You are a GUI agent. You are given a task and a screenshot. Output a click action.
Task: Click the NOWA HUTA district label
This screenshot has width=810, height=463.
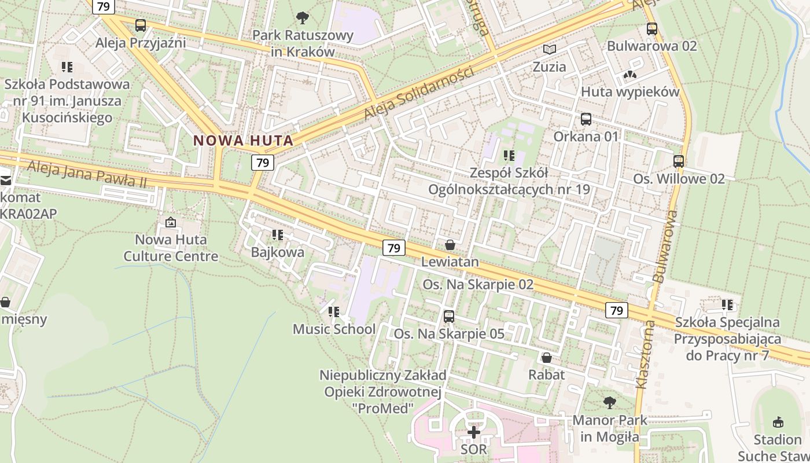(243, 140)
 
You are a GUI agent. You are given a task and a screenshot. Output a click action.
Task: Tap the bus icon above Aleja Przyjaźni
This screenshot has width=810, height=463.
(141, 25)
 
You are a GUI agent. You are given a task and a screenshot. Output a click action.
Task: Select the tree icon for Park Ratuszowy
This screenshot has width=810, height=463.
(302, 18)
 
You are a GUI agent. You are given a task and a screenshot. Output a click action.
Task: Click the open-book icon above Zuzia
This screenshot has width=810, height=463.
(549, 50)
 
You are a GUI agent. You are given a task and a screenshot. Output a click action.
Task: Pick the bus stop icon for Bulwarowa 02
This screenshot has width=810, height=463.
(652, 29)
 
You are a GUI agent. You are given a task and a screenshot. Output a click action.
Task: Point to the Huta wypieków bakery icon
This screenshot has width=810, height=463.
(630, 75)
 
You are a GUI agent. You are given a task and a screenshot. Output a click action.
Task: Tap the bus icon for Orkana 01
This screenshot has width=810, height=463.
(586, 120)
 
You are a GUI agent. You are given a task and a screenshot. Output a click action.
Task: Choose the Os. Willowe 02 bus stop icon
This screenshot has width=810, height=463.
(679, 162)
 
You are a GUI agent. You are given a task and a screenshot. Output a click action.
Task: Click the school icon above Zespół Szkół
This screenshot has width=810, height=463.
(509, 156)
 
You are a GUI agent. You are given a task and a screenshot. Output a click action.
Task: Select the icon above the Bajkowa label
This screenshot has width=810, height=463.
(278, 235)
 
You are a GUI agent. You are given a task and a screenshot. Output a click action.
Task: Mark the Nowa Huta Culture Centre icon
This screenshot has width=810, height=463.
(171, 222)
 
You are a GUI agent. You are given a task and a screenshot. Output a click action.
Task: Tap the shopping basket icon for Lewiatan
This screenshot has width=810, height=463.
(450, 245)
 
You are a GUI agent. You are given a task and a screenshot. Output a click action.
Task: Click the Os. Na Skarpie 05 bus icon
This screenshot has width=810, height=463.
(449, 317)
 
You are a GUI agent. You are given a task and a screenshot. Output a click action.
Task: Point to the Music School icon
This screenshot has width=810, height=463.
(334, 312)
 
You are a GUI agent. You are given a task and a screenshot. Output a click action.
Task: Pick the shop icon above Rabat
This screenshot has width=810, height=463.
(546, 358)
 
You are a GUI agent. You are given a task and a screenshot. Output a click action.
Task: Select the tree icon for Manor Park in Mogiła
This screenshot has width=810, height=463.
(609, 402)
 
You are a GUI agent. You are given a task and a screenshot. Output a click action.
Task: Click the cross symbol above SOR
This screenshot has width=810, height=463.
(474, 432)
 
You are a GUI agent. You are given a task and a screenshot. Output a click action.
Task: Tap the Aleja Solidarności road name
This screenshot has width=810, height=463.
(419, 94)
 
